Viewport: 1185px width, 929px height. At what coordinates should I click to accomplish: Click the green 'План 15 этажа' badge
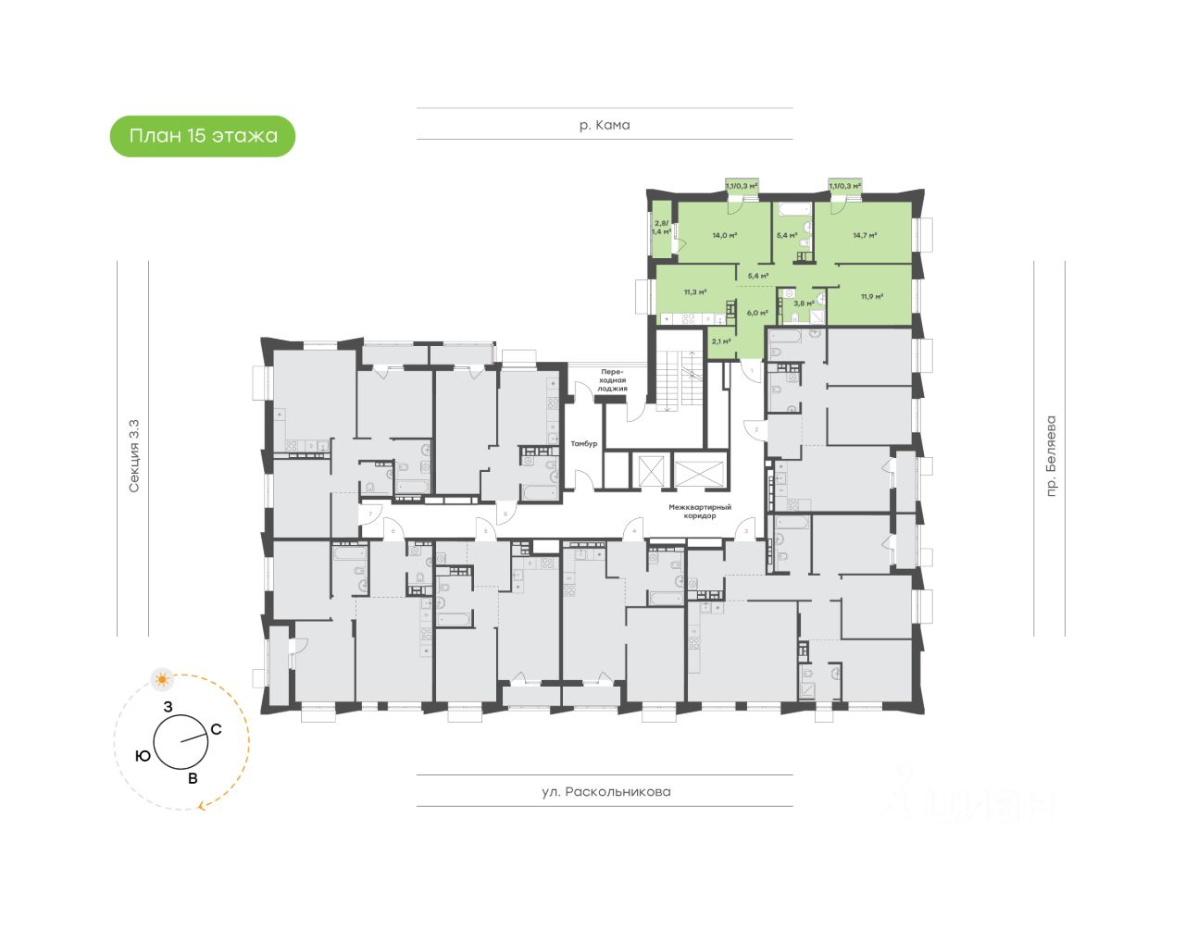click(203, 136)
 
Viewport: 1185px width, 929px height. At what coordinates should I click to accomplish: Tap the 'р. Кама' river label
click(605, 125)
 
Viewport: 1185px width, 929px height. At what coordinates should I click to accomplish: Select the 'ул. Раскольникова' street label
click(605, 792)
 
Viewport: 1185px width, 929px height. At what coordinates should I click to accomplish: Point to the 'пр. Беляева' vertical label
click(1051, 456)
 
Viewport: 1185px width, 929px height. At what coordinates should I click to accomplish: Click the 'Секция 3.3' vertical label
click(134, 456)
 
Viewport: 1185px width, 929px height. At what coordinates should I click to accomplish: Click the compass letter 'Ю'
click(143, 756)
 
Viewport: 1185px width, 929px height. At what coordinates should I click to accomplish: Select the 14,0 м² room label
click(724, 235)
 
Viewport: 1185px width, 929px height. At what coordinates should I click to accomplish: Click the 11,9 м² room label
click(871, 297)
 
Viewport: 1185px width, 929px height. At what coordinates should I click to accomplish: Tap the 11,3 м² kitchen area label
click(695, 292)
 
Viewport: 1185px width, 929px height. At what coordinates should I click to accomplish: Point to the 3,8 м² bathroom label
click(804, 303)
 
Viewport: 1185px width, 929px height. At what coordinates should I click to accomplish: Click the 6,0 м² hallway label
click(757, 313)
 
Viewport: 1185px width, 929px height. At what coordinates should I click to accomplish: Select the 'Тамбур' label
click(584, 444)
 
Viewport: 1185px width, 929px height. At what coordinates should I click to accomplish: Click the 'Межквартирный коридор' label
click(701, 512)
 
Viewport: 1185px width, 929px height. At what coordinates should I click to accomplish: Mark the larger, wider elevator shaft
click(702, 471)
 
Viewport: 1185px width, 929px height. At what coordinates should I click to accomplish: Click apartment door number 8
click(506, 513)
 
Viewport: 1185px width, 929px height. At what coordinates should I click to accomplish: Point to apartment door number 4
click(634, 531)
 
